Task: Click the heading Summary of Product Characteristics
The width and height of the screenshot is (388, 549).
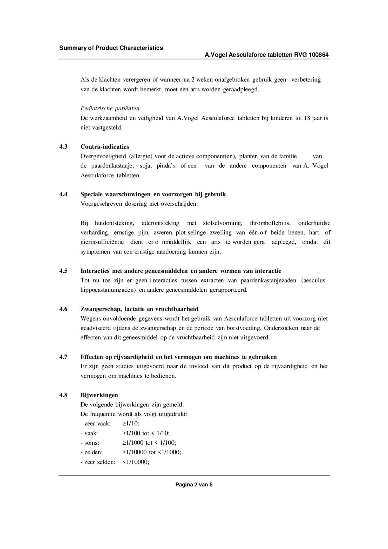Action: (111, 48)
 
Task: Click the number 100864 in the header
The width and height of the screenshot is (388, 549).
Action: (319, 55)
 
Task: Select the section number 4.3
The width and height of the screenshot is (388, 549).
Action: (63, 147)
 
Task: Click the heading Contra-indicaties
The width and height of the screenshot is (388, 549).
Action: (105, 147)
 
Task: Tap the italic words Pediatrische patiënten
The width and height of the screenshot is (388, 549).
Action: (110, 108)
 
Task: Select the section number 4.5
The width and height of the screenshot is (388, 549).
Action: (63, 271)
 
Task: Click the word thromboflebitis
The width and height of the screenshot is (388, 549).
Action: (270, 223)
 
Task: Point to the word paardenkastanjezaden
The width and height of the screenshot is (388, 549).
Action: (268, 280)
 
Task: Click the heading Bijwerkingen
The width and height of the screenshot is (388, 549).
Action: (99, 395)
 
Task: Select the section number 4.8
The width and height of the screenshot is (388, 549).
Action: (63, 395)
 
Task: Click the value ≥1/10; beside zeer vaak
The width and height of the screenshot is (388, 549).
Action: (131, 424)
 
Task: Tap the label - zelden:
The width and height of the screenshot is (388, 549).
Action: (92, 452)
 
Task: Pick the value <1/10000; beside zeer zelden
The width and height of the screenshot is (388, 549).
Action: (136, 462)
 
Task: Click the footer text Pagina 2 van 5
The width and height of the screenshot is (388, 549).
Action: (194, 485)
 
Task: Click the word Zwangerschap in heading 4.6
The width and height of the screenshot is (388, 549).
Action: (101, 309)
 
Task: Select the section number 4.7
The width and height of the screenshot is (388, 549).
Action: (63, 357)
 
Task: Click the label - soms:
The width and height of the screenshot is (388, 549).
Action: (90, 443)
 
